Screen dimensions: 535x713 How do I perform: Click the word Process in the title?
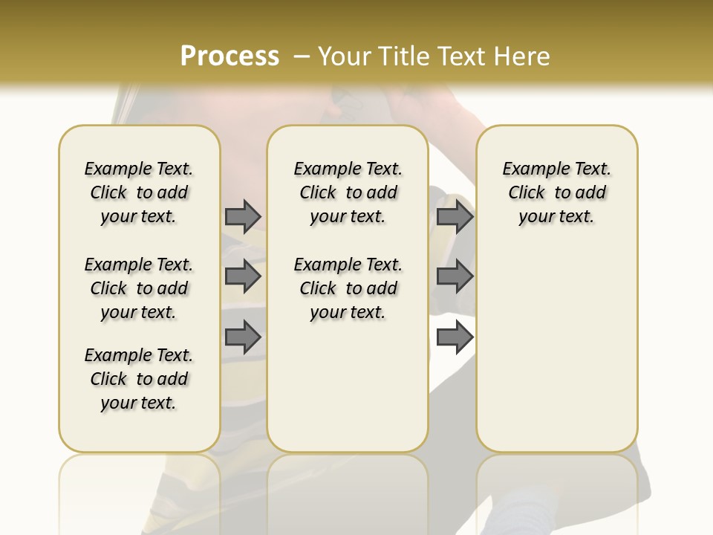point(229,56)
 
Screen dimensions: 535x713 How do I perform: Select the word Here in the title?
point(523,56)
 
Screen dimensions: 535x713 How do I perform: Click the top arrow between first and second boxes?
point(243,216)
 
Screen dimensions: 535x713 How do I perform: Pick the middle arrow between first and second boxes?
point(243,276)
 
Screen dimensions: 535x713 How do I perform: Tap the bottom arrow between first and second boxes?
point(243,337)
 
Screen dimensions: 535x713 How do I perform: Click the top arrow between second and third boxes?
point(455,216)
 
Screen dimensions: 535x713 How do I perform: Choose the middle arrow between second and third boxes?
point(455,276)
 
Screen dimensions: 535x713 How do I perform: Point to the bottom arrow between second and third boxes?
point(455,337)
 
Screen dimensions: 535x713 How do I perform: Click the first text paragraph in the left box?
point(139,192)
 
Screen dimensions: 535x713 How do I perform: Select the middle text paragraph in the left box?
point(139,288)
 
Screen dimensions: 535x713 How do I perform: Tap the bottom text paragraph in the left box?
point(139,379)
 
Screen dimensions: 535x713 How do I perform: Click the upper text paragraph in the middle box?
point(348,192)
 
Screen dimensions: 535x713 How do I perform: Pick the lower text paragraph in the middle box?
point(348,288)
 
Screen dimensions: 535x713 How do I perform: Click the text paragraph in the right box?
point(557,192)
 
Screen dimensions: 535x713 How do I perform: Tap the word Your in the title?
point(344,56)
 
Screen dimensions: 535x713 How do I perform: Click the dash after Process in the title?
point(301,56)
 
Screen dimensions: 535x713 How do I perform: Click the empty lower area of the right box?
point(557,349)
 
